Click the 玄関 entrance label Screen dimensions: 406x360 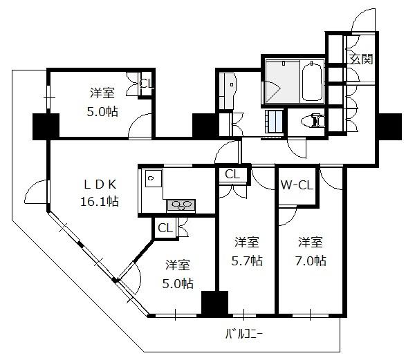tap(361, 59)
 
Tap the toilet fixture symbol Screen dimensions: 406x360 tap(313, 121)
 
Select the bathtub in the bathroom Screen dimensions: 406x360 tap(312, 82)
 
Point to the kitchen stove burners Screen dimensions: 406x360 tap(181, 206)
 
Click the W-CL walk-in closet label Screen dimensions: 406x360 tap(297, 185)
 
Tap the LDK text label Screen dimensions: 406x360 tap(100, 184)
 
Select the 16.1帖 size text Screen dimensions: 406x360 tap(100, 202)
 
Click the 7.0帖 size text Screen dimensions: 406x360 tap(311, 260)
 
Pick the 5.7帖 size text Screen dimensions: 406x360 tap(247, 260)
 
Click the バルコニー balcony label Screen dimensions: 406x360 tap(244, 334)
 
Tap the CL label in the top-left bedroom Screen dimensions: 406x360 tap(147, 84)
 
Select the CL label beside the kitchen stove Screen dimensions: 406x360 tap(165, 228)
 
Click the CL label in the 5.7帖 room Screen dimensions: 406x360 tap(232, 174)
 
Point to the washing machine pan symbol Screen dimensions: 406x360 tap(273, 122)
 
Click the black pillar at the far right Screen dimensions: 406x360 tap(390, 126)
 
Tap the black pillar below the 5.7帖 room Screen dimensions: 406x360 tap(214, 303)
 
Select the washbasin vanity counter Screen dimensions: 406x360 tap(228, 91)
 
